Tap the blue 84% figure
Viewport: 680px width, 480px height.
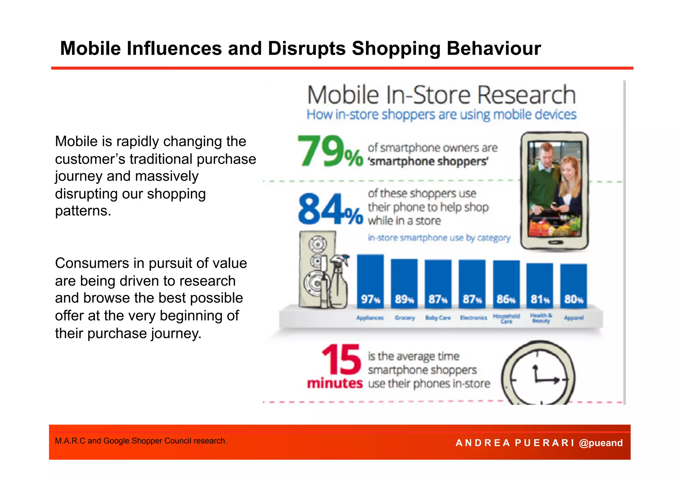[330, 209]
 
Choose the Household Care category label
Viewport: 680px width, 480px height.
[506, 318]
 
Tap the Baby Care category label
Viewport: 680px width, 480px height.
[438, 318]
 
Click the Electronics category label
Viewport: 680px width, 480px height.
[473, 318]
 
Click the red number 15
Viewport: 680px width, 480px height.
[341, 360]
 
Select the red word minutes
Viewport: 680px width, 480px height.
[335, 383]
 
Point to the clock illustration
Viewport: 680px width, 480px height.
[538, 375]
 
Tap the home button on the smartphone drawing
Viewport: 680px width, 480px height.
[554, 242]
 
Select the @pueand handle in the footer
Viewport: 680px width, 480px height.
[601, 443]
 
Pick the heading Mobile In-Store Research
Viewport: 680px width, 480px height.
[441, 95]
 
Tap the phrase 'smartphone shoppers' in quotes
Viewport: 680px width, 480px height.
[428, 162]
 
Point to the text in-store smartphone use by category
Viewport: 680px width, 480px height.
[439, 238]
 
